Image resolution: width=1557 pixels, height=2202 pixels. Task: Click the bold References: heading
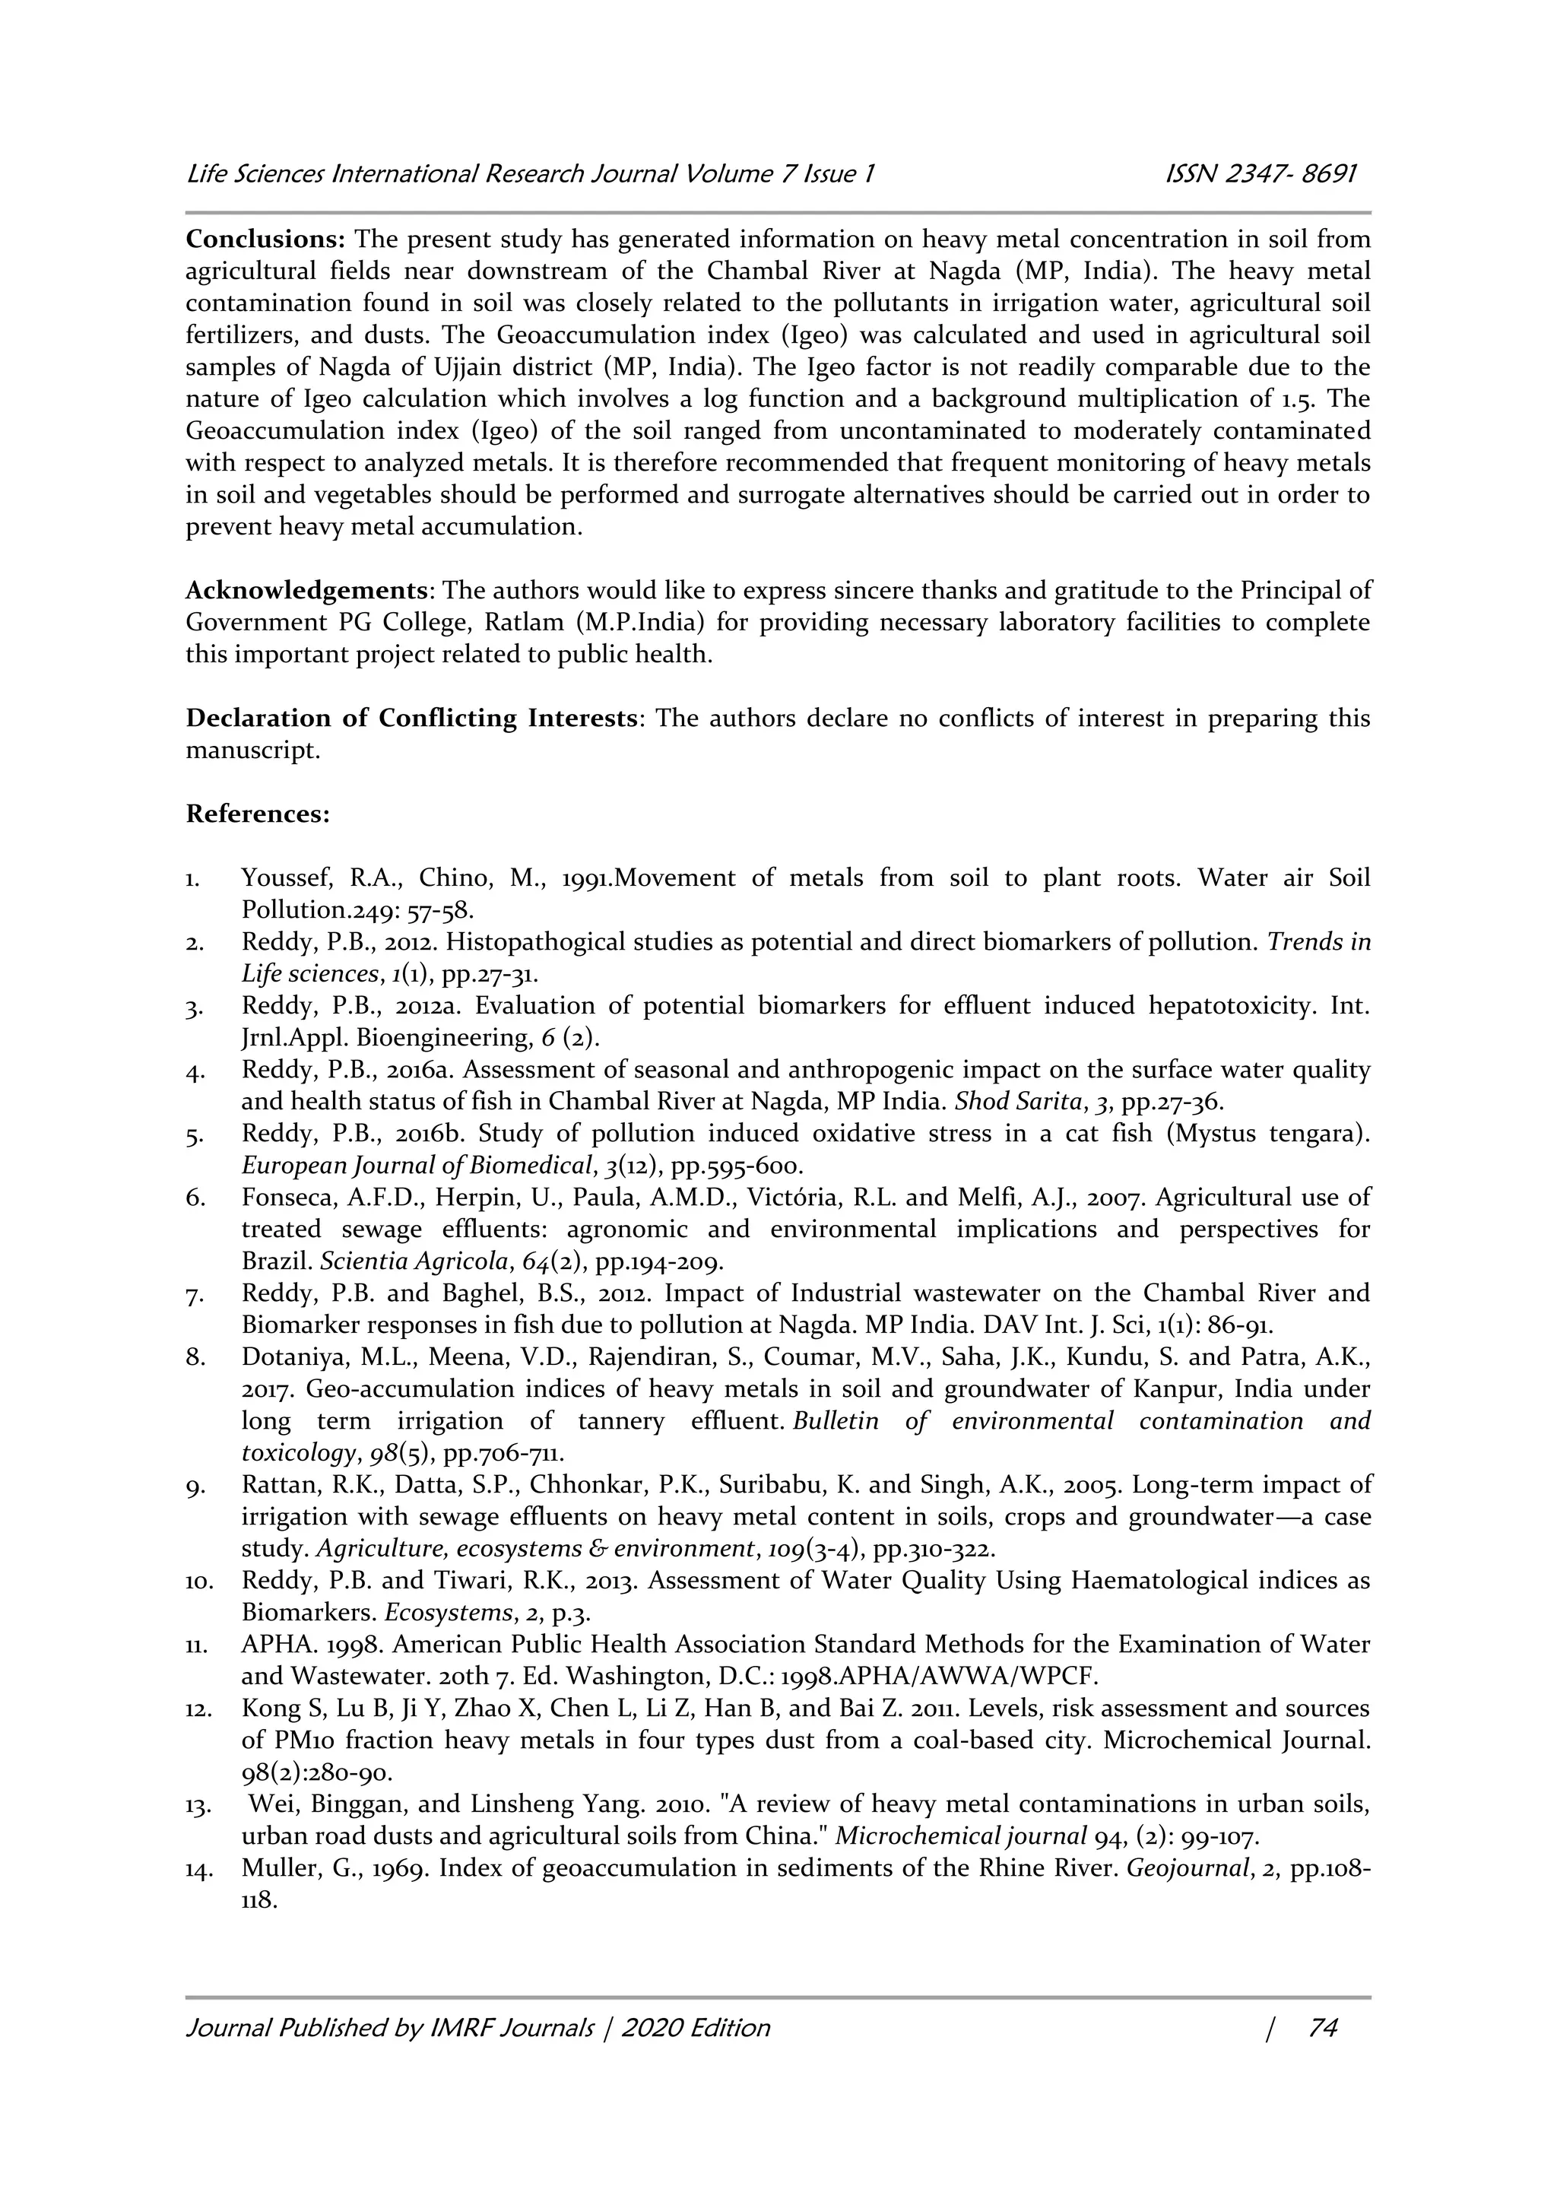click(x=258, y=814)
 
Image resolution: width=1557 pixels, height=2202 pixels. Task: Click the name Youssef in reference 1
click(x=283, y=877)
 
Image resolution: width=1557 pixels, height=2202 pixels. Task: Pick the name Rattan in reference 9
click(x=276, y=1485)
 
